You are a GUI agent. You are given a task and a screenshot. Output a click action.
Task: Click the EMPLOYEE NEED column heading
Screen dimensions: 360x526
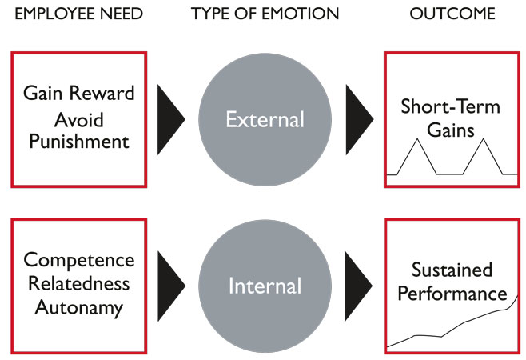pos(79,15)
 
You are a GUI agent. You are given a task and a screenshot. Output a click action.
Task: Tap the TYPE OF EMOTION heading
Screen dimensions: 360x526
pos(265,15)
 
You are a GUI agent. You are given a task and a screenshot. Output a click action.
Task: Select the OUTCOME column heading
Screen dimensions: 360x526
pos(452,15)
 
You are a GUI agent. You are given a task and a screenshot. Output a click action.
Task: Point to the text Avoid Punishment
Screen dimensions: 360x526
pos(78,131)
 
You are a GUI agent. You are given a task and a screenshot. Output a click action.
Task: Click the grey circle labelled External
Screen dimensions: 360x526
pos(265,120)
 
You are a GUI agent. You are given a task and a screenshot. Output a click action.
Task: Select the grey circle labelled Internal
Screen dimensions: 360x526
pos(265,286)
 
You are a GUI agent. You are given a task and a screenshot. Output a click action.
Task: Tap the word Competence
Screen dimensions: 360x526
pos(78,261)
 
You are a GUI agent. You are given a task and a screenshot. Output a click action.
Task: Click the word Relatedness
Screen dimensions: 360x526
pos(78,284)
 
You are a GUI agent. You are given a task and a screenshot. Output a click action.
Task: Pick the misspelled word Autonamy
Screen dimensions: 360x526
pos(78,307)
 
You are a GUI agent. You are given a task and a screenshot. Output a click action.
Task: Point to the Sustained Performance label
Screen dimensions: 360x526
pos(452,282)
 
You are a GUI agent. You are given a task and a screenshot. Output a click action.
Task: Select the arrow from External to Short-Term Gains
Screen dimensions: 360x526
pos(359,120)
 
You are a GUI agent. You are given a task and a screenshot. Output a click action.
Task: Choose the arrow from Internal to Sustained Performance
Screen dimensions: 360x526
pos(359,286)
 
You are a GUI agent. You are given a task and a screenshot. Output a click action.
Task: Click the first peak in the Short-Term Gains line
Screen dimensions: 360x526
pos(416,140)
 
